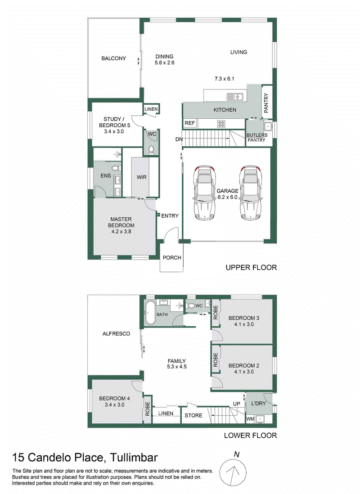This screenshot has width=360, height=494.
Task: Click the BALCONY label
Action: tap(113, 58)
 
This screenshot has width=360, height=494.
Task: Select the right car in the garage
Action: tap(251, 193)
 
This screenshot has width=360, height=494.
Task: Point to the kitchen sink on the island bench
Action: tap(235, 97)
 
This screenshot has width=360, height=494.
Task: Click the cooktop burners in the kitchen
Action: tap(221, 124)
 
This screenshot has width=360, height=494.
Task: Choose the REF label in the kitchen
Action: tap(189, 123)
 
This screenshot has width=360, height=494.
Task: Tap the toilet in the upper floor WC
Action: tap(151, 149)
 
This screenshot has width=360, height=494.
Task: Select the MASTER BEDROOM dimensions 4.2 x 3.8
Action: tap(121, 231)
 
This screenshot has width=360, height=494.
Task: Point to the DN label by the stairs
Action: tap(179, 139)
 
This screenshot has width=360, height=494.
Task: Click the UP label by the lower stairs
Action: tap(236, 404)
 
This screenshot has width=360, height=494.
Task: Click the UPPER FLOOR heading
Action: tap(251, 268)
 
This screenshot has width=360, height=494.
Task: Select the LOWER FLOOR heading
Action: tap(250, 436)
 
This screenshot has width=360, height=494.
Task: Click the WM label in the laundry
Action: tap(250, 419)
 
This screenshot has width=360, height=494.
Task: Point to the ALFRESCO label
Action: tap(116, 334)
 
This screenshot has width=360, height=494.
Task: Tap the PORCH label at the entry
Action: tap(172, 257)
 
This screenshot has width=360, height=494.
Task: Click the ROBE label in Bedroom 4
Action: tap(147, 409)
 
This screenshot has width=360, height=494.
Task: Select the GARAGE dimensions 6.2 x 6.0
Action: tap(227, 197)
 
